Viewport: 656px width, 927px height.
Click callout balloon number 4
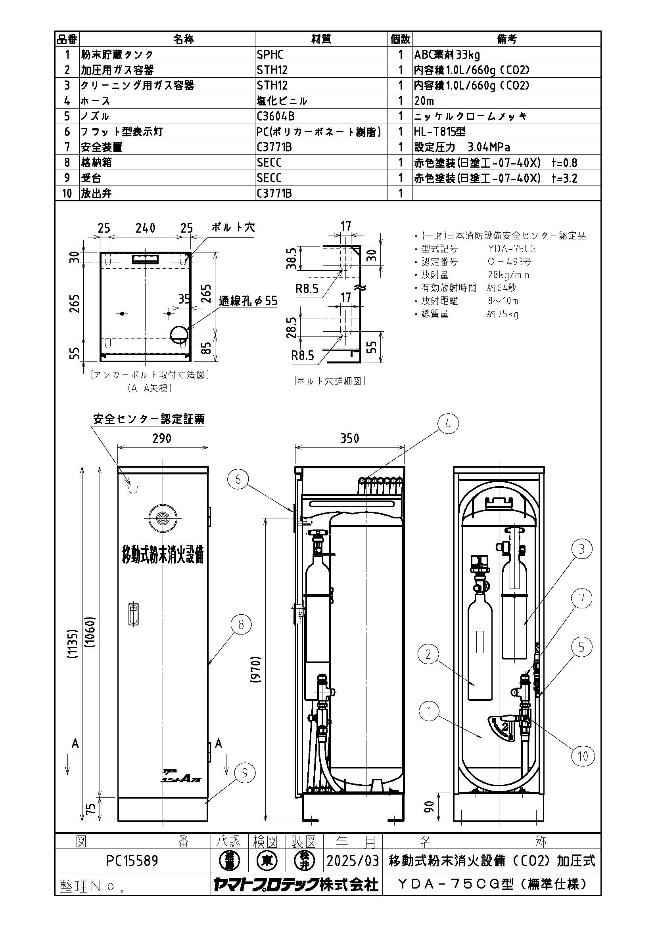(x=447, y=424)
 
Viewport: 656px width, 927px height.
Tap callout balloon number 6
(x=238, y=479)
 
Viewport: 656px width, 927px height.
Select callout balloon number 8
(x=241, y=625)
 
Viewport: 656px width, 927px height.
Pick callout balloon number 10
(x=583, y=756)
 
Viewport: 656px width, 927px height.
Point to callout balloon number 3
(x=582, y=549)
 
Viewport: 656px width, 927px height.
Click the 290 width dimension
(x=162, y=438)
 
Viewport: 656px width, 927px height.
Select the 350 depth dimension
(x=349, y=438)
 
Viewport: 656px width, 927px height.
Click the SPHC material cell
(x=270, y=55)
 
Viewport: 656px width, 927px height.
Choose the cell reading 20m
(x=424, y=101)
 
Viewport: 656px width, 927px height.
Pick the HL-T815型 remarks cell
(x=440, y=132)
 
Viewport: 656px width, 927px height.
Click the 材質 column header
(x=321, y=39)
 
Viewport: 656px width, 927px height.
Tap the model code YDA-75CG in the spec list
(x=511, y=249)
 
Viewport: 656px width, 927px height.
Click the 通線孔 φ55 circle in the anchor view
(x=178, y=335)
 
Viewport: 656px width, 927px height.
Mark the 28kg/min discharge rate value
(x=508, y=275)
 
